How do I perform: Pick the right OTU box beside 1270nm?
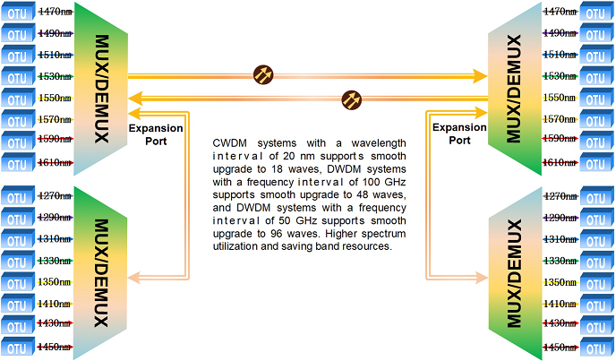[x=595, y=196]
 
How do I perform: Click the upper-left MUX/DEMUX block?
[x=100, y=88]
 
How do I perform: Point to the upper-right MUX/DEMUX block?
[x=513, y=88]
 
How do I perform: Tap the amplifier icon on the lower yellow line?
[x=353, y=98]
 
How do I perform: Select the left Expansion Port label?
[x=156, y=133]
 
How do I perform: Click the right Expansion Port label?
[x=459, y=133]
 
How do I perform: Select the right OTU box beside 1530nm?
[x=595, y=76]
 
